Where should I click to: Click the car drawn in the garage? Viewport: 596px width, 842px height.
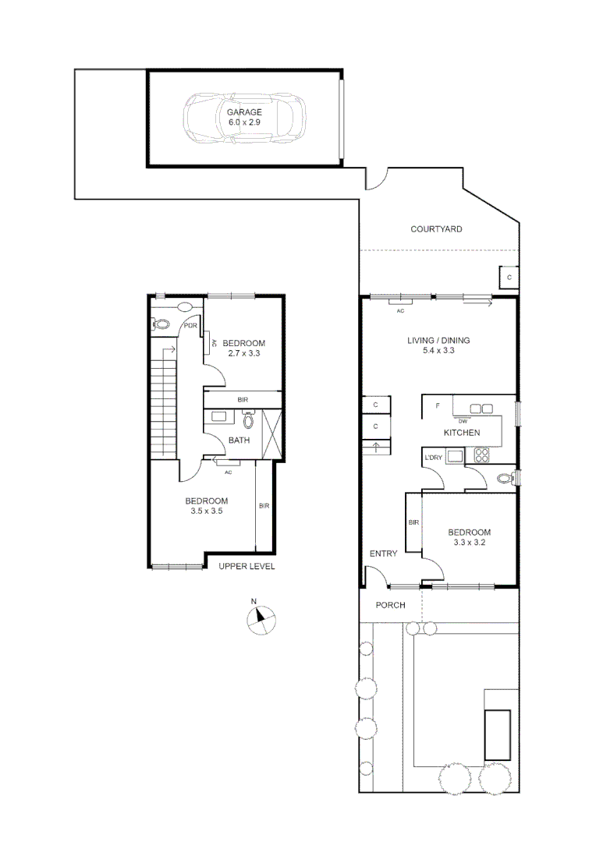click(244, 118)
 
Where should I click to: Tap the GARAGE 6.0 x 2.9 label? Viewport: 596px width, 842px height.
click(244, 117)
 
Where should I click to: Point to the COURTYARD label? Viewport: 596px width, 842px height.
click(436, 229)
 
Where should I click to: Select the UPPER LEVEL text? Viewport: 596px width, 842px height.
click(247, 567)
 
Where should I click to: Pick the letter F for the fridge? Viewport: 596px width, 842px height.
click(438, 406)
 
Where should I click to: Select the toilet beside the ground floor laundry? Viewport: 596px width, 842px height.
click(506, 477)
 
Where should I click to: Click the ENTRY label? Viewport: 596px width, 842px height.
click(383, 554)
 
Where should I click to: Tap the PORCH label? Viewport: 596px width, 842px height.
click(390, 605)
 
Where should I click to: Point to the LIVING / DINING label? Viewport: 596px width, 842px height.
click(438, 341)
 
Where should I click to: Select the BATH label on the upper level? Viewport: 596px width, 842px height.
click(239, 440)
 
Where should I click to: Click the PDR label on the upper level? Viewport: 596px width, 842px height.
click(189, 327)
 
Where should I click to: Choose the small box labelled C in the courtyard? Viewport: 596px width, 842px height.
click(509, 277)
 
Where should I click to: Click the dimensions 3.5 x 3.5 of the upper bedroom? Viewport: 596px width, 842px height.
click(206, 511)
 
